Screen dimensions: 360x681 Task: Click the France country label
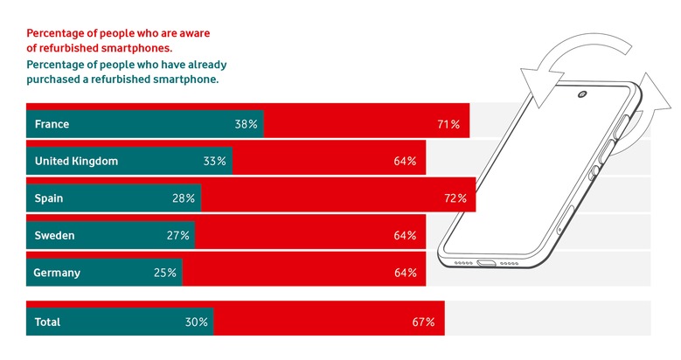[x=52, y=124]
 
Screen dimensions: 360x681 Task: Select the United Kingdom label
[x=76, y=161]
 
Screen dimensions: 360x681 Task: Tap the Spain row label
[x=49, y=198]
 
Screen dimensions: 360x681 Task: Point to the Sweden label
[x=54, y=235]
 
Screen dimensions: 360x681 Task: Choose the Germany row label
[x=57, y=273]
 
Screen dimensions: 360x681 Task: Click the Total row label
[x=47, y=322]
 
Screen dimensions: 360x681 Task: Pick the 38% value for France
[x=246, y=124]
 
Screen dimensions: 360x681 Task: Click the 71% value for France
[x=448, y=124]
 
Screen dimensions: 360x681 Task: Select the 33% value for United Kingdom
[x=215, y=161]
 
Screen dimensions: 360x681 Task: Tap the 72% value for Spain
[x=455, y=198]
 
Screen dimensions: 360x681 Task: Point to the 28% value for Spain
[x=184, y=198]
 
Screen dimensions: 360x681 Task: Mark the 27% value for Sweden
[x=177, y=235]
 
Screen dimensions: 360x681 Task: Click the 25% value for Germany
[x=165, y=273]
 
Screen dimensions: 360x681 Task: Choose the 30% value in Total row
[x=197, y=322]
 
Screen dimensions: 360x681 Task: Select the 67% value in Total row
[x=423, y=322]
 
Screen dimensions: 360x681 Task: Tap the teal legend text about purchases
[x=126, y=72]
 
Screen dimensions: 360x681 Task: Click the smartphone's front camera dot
[x=581, y=94]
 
